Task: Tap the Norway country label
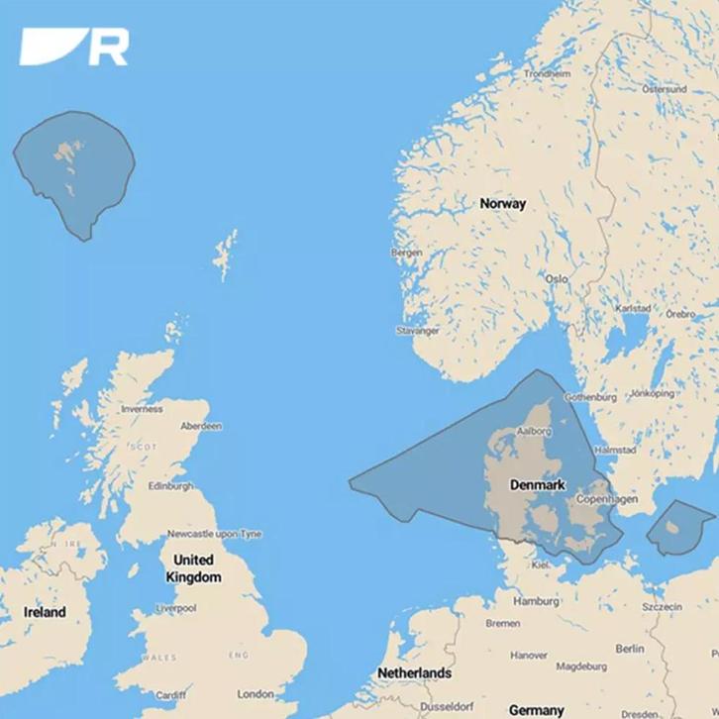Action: tap(503, 203)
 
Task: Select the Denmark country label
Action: tap(537, 485)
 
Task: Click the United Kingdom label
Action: tap(193, 568)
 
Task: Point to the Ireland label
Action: tap(45, 612)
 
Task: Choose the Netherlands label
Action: tap(414, 673)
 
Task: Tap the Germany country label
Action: tap(536, 710)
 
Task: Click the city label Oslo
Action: tap(557, 279)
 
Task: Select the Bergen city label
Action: tap(406, 253)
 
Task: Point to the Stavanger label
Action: tap(416, 331)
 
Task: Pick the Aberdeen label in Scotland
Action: tap(201, 426)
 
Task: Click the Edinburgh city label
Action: tap(170, 486)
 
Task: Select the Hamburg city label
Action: tap(536, 601)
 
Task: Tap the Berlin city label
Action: tap(629, 649)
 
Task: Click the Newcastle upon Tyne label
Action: tap(214, 534)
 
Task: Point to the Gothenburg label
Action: tap(590, 397)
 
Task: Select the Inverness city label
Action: tap(141, 408)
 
